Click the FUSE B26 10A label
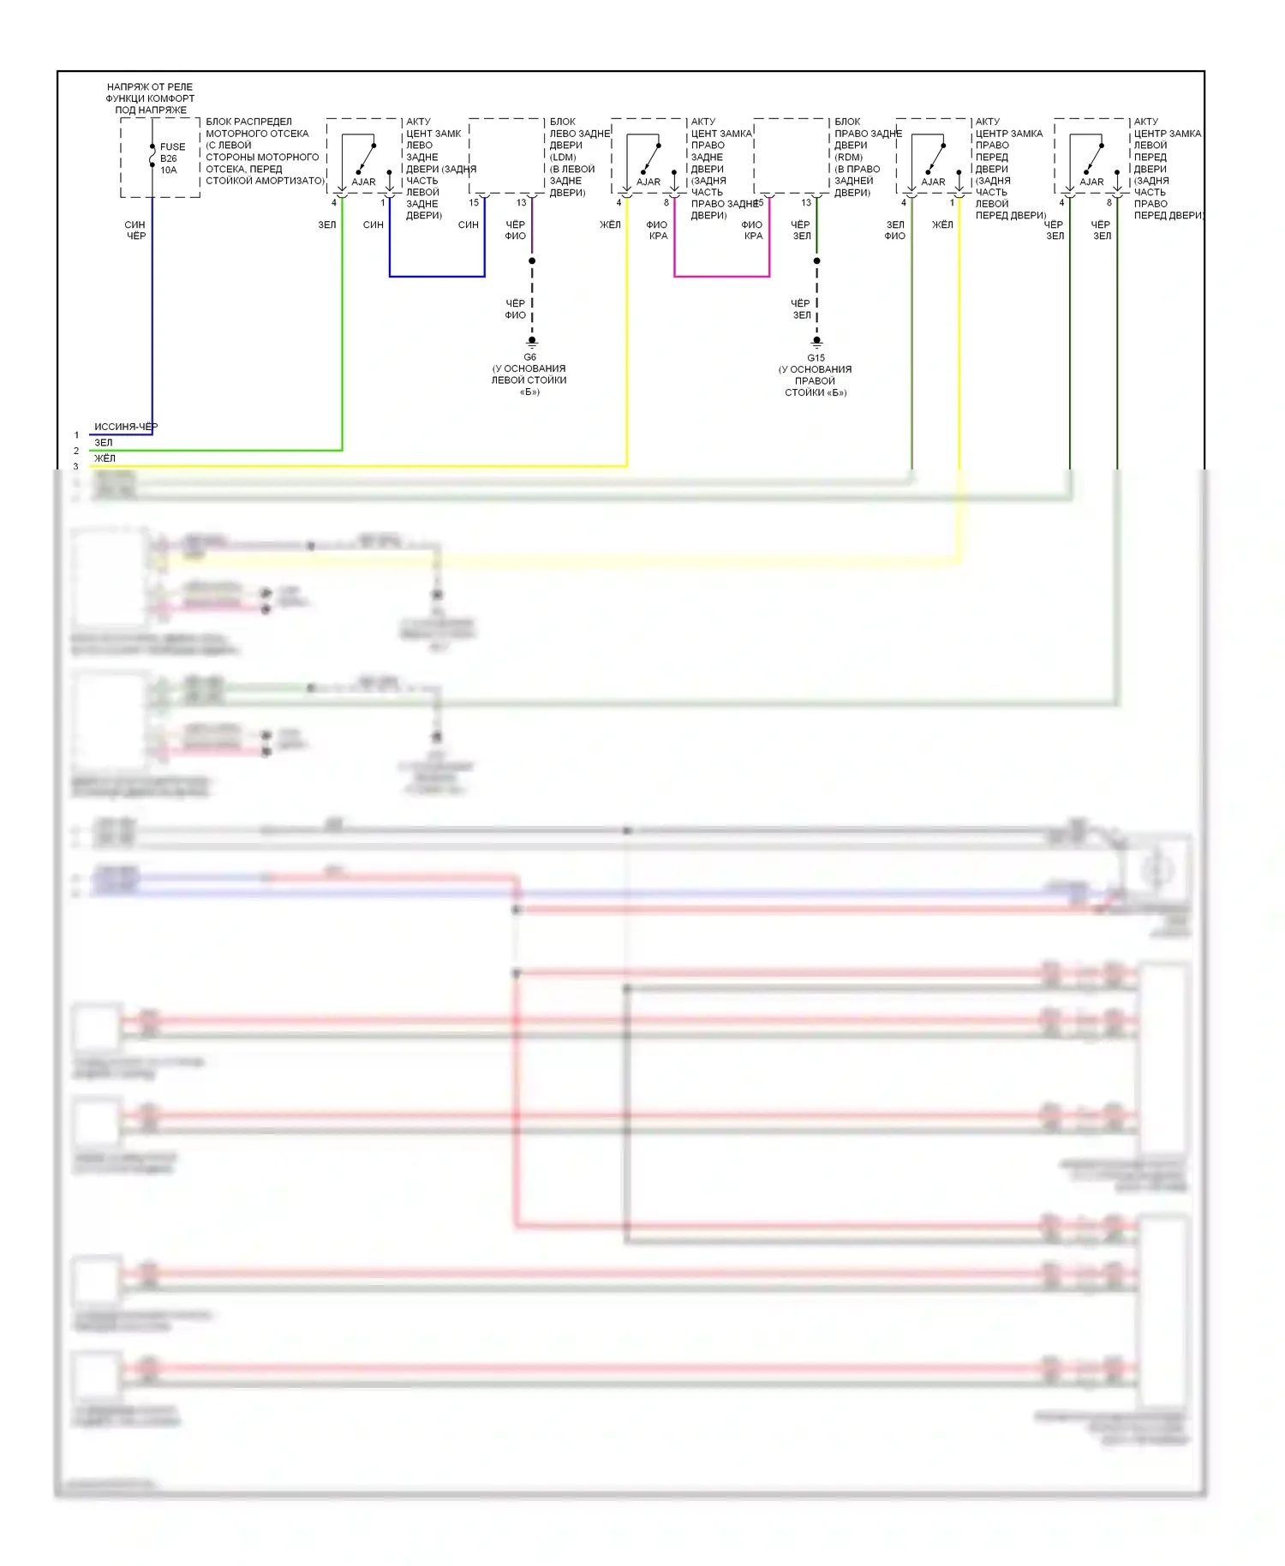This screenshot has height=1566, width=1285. [171, 158]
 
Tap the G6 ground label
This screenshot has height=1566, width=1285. [530, 357]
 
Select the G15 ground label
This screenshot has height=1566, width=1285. [816, 358]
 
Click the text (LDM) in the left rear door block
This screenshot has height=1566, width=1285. [563, 157]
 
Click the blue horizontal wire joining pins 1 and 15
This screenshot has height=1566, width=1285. [437, 276]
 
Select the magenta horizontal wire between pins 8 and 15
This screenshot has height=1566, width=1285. [721, 276]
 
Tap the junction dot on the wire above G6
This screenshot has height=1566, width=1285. [532, 260]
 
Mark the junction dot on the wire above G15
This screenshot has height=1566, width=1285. [817, 260]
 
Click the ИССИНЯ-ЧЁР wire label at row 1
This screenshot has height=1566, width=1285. [126, 427]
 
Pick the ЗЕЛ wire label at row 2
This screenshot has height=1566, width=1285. [104, 443]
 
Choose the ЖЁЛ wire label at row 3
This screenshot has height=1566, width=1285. [105, 458]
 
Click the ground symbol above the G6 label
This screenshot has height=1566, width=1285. [532, 341]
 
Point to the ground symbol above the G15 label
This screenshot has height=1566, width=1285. [817, 341]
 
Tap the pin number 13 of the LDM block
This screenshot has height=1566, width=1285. [521, 203]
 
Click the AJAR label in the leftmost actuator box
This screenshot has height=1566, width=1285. [363, 182]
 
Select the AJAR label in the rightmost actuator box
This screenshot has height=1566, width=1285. [1091, 182]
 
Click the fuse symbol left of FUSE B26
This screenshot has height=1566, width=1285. [152, 158]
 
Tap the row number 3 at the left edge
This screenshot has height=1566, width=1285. [76, 466]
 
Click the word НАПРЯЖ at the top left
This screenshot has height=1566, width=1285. [125, 87]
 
